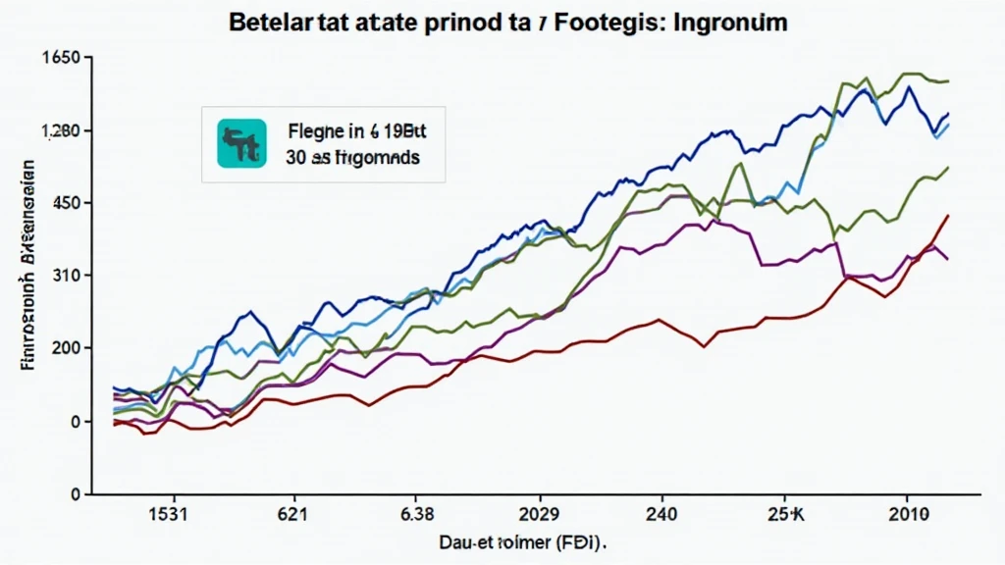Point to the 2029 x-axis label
538,513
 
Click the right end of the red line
948,215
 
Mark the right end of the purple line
947,259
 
